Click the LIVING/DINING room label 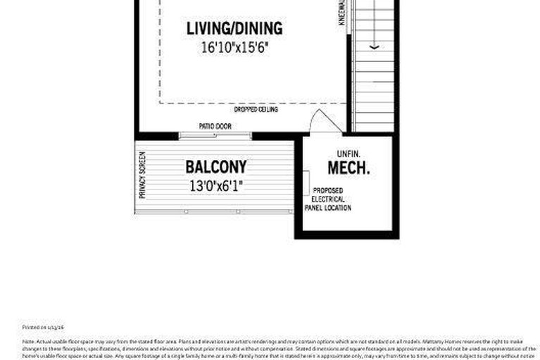pyautogui.click(x=234, y=29)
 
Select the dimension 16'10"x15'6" pyautogui.click(x=234, y=48)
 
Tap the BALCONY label pyautogui.click(x=216, y=167)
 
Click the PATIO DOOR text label pyautogui.click(x=215, y=126)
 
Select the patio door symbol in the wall pyautogui.click(x=215, y=135)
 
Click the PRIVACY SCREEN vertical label pyautogui.click(x=142, y=175)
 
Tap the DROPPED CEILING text pyautogui.click(x=256, y=110)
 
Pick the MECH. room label pyautogui.click(x=349, y=169)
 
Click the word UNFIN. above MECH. pyautogui.click(x=349, y=154)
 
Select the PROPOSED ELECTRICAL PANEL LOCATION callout pyautogui.click(x=328, y=199)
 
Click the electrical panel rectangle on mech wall pyautogui.click(x=306, y=183)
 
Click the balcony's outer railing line pyautogui.click(x=215, y=211)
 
